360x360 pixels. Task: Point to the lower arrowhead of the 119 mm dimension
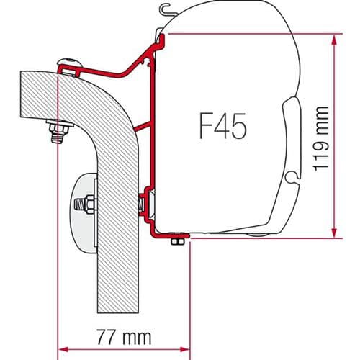pyautogui.click(x=333, y=234)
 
